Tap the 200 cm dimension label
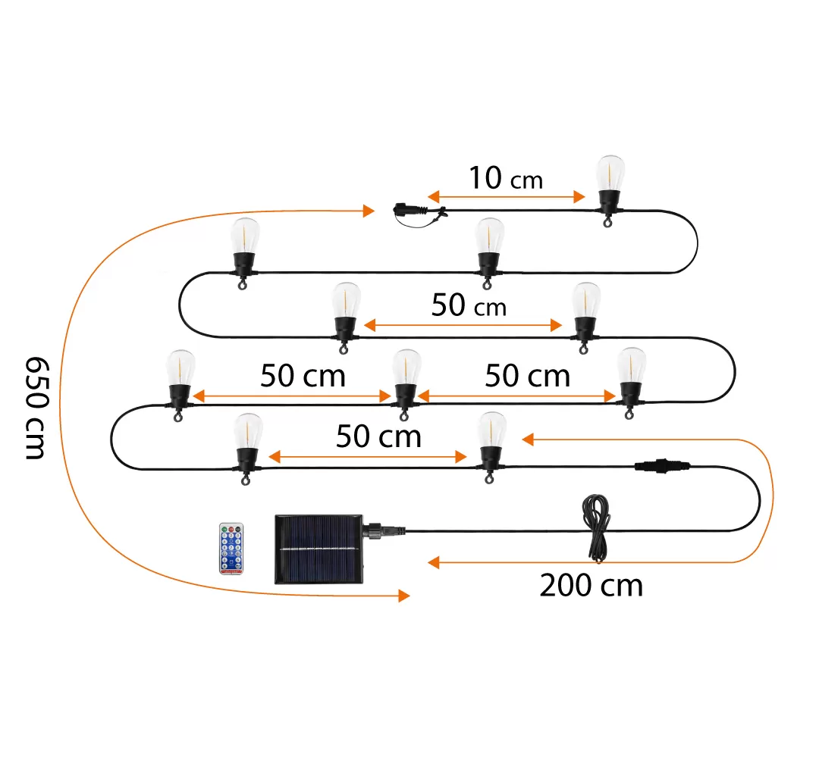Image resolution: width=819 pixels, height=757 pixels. tap(591, 585)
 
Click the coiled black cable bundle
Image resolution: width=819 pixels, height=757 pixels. tap(596, 527)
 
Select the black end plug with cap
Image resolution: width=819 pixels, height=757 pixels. tap(409, 210)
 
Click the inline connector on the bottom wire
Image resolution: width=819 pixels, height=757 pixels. tap(659, 466)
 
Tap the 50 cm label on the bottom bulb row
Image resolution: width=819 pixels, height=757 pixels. tap(378, 436)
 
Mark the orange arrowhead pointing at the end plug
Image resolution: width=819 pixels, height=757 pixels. tap(369, 210)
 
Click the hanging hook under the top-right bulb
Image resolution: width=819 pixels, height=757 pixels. tap(607, 221)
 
